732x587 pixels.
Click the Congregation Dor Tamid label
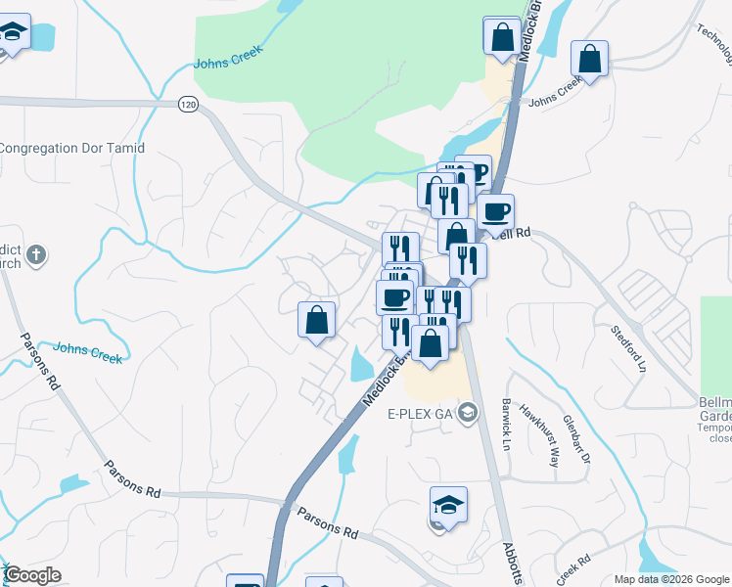coord(72,149)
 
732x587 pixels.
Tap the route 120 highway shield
coord(189,103)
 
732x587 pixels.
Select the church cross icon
coord(36,255)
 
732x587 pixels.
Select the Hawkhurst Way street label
coord(538,434)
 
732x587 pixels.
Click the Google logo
coord(32,575)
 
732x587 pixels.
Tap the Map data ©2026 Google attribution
coord(672,579)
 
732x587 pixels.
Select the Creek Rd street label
coord(573,566)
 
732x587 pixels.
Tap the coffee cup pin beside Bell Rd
coord(495,211)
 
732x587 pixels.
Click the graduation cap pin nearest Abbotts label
coord(448,505)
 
